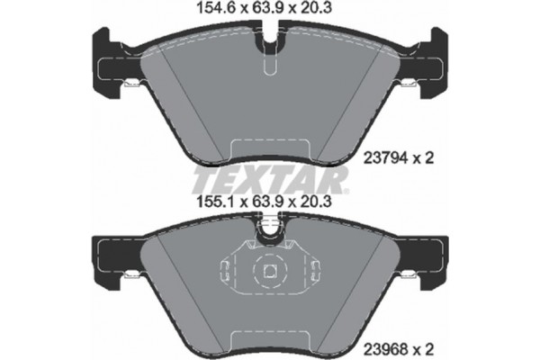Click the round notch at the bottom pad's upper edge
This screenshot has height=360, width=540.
pos(270,236)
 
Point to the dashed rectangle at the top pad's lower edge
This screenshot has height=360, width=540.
pos(270,150)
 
